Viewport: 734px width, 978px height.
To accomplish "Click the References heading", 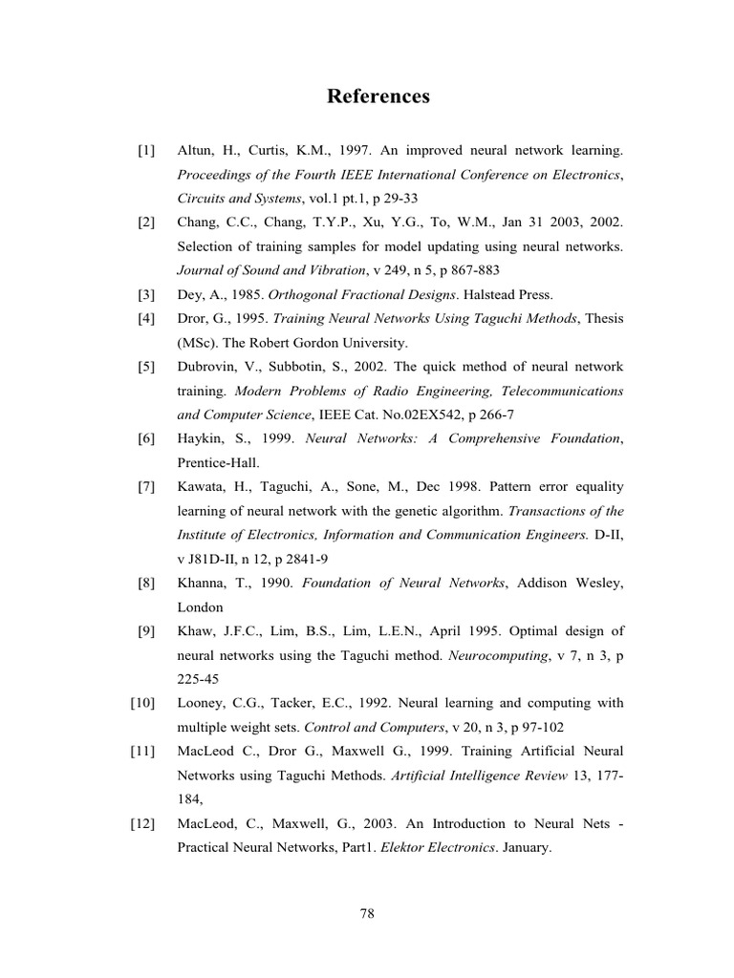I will click(x=378, y=96).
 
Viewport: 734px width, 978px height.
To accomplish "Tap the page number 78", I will click(x=367, y=913).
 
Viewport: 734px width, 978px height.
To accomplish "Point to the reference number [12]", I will click(x=142, y=823).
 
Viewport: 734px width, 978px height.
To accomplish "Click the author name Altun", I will click(x=196, y=151).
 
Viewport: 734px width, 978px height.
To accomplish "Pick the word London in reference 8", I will click(x=200, y=606).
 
